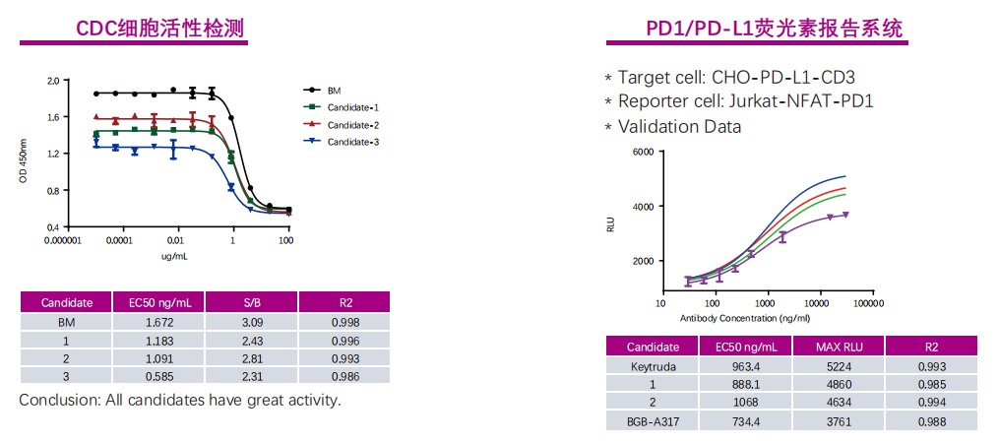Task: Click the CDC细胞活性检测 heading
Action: point(161,28)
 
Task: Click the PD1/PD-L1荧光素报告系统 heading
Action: point(774,28)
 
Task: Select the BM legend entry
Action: point(334,90)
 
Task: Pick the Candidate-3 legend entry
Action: point(352,143)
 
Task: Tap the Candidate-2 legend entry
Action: point(352,125)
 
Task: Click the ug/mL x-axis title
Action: point(174,256)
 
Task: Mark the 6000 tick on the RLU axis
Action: point(642,152)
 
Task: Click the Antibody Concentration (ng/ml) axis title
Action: point(744,318)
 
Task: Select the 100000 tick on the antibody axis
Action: point(867,303)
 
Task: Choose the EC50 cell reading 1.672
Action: point(159,322)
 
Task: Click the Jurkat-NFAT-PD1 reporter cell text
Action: point(800,101)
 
